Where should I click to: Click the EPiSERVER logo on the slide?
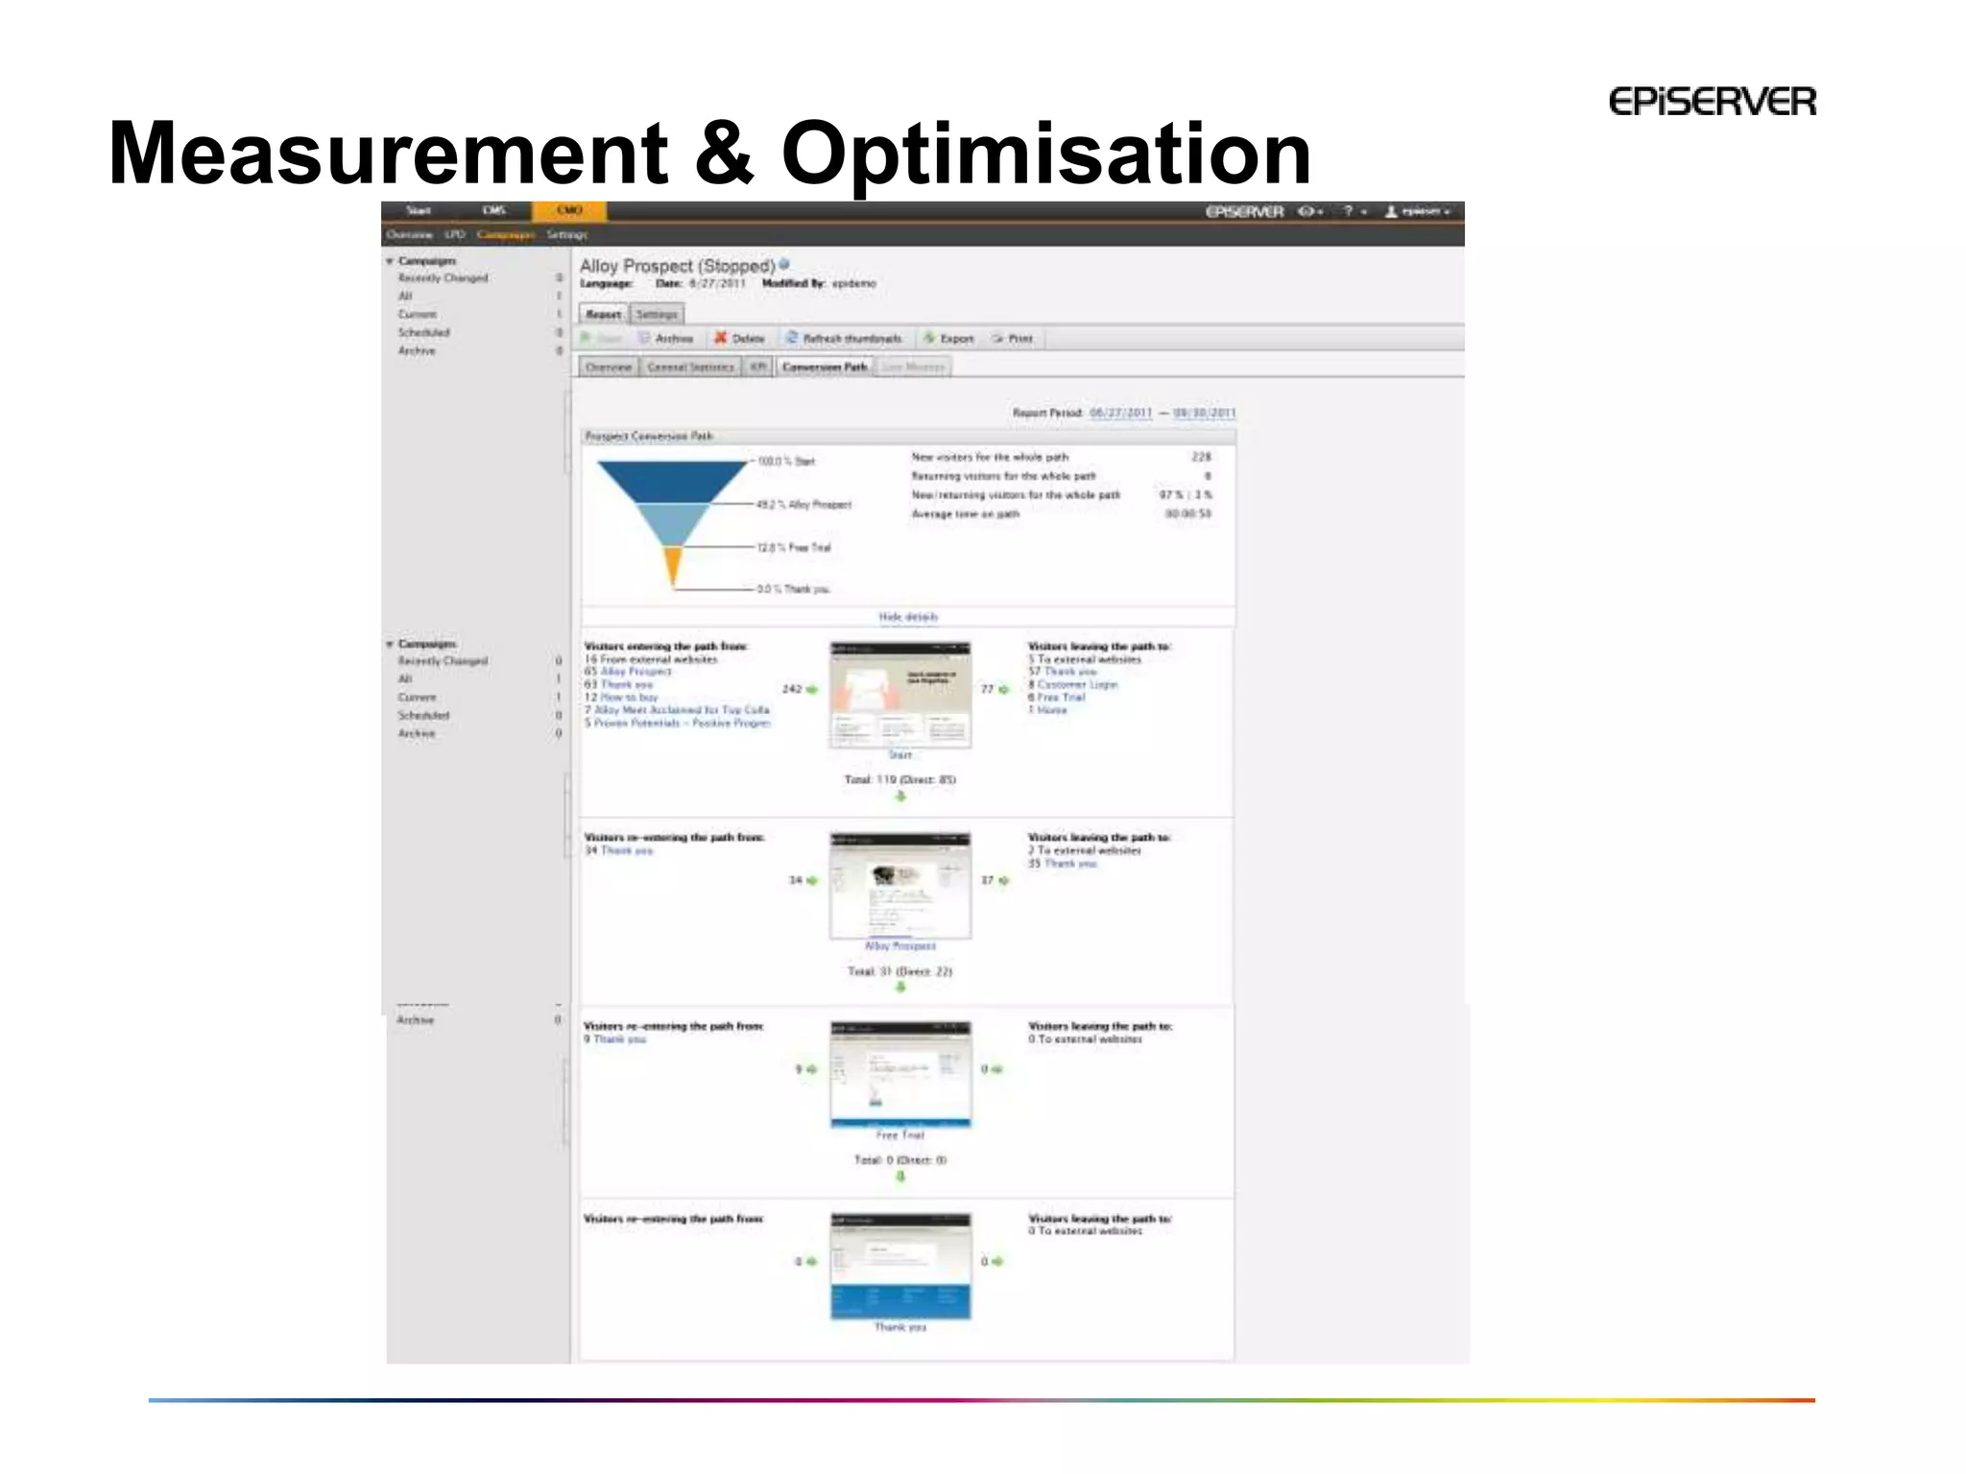click(x=1712, y=102)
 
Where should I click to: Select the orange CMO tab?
click(x=569, y=210)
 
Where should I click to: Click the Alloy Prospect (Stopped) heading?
click(x=677, y=266)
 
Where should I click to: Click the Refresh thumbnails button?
click(x=844, y=339)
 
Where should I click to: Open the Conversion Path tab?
click(x=825, y=367)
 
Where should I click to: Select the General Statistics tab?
click(x=690, y=367)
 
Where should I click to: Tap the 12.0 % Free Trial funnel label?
click(x=794, y=547)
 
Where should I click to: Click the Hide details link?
click(x=907, y=617)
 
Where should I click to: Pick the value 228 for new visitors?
click(x=1200, y=457)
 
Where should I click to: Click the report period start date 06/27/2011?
click(x=1120, y=413)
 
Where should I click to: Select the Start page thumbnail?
click(x=899, y=695)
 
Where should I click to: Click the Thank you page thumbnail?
click(x=899, y=1266)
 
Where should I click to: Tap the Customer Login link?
click(x=1077, y=684)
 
